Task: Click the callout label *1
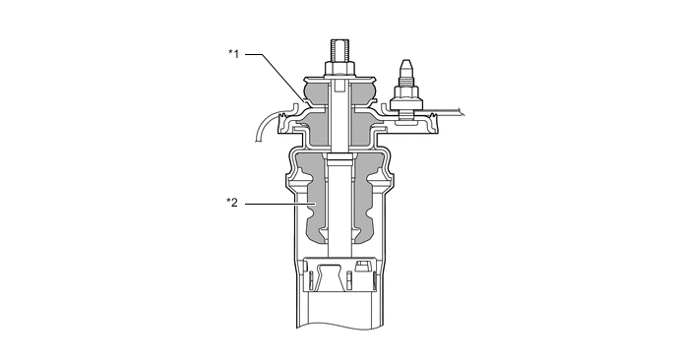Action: (x=233, y=54)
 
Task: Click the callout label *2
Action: (x=232, y=203)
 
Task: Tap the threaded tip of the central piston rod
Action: (x=338, y=50)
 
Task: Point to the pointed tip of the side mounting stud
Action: (x=405, y=64)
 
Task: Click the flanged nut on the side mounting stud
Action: (x=404, y=99)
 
